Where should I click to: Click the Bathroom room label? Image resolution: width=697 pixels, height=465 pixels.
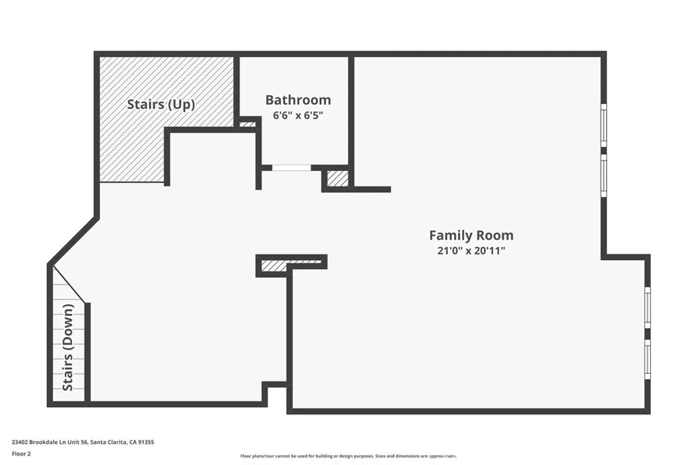pyautogui.click(x=298, y=100)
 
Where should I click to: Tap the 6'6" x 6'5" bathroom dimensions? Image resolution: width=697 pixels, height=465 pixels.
pyautogui.click(x=297, y=116)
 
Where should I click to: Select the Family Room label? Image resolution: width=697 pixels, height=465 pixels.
pyautogui.click(x=471, y=236)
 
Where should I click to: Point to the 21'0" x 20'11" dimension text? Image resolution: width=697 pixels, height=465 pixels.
pyautogui.click(x=471, y=251)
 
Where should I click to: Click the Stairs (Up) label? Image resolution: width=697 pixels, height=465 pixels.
pyautogui.click(x=161, y=105)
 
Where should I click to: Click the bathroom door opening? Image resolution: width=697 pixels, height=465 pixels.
pyautogui.click(x=291, y=167)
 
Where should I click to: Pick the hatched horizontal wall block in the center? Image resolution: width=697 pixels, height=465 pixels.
pyautogui.click(x=291, y=263)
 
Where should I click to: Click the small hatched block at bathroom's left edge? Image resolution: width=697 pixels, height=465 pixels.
pyautogui.click(x=247, y=125)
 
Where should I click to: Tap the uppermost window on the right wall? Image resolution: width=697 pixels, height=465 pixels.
pyautogui.click(x=603, y=125)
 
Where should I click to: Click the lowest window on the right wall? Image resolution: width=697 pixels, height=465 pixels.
pyautogui.click(x=647, y=361)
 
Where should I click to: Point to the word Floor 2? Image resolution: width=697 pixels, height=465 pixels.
pyautogui.click(x=22, y=453)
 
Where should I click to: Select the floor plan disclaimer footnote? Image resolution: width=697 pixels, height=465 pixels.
pyautogui.click(x=348, y=456)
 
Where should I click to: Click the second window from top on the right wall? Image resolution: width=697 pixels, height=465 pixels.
pyautogui.click(x=603, y=175)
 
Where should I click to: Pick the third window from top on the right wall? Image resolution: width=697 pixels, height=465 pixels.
pyautogui.click(x=647, y=308)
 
